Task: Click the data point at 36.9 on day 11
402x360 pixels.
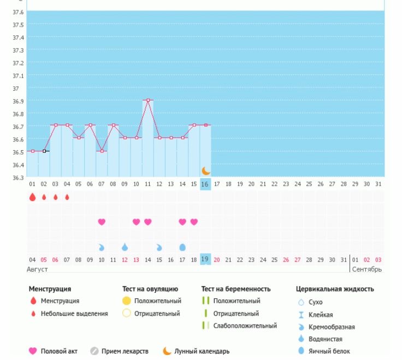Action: click(147, 100)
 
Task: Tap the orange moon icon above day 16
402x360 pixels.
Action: click(205, 171)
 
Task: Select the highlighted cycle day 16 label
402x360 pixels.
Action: click(205, 184)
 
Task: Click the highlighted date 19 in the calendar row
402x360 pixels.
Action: click(205, 259)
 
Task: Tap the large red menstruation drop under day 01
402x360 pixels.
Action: click(32, 197)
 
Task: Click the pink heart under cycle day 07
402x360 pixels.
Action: click(102, 222)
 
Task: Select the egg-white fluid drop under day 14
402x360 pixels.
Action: click(182, 247)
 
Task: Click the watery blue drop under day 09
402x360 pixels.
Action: click(125, 247)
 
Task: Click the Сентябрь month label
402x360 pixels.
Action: click(366, 269)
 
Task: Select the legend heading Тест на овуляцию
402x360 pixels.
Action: click(150, 289)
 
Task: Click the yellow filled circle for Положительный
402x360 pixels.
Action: click(127, 301)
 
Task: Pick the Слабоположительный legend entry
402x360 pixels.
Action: click(245, 326)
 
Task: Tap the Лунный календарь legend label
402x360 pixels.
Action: click(202, 351)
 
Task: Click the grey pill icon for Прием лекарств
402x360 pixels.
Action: click(94, 351)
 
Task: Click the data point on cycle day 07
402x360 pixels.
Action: click(102, 151)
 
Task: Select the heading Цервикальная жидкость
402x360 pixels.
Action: click(335, 289)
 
